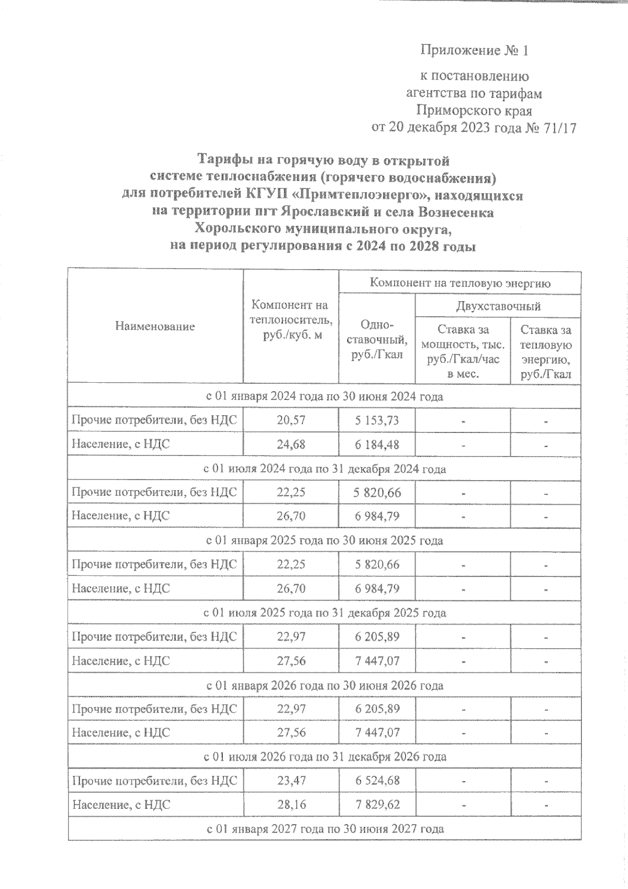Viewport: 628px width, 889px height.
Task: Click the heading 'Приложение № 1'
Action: click(474, 51)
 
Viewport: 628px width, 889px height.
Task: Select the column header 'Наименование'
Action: click(155, 327)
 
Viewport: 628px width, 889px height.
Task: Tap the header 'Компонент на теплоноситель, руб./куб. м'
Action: click(290, 320)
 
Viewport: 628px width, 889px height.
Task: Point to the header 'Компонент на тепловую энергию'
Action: click(460, 283)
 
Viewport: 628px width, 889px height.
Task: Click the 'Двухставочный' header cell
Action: click(498, 306)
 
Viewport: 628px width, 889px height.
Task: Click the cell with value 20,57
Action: click(291, 420)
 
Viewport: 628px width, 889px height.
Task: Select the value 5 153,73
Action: click(377, 420)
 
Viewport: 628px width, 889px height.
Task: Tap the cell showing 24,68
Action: click(291, 444)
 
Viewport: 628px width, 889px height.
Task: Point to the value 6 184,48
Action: click(377, 444)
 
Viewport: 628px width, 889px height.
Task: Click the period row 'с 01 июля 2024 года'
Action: click(324, 469)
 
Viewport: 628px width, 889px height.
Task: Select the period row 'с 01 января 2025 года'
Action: click(324, 540)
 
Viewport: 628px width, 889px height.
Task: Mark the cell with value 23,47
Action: click(291, 781)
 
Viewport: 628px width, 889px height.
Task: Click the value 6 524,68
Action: click(377, 781)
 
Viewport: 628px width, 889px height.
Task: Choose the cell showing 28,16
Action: click(291, 805)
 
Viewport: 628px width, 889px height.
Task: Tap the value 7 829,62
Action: click(377, 805)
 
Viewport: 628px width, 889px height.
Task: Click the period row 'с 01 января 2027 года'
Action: click(324, 829)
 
